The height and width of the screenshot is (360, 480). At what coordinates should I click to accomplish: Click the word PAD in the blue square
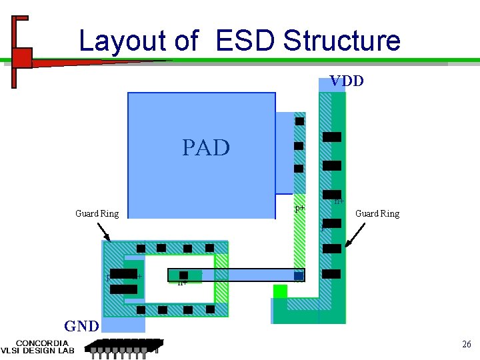(205, 147)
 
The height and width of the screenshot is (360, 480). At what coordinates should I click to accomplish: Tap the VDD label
(347, 81)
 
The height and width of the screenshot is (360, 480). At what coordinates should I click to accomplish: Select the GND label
(81, 327)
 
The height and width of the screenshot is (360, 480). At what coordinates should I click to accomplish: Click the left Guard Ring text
(97, 214)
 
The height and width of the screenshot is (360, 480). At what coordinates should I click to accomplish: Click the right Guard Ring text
(377, 214)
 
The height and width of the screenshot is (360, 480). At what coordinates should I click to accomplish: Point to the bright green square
(280, 291)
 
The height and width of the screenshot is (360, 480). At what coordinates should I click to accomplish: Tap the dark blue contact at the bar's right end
(299, 275)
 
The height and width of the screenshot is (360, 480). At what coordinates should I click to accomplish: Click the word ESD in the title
(244, 41)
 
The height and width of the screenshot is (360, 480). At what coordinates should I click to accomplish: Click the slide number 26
(466, 344)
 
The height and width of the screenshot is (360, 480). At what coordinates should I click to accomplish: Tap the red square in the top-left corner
(22, 58)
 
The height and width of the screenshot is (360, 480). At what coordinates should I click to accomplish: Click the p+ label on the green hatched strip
(300, 208)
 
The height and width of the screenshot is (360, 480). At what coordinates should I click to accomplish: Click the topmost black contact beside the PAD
(299, 121)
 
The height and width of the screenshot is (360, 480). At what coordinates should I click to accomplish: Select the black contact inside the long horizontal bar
(183, 275)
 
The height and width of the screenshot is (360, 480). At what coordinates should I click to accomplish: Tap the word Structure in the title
(341, 41)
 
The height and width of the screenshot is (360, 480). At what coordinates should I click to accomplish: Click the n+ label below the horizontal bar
(183, 283)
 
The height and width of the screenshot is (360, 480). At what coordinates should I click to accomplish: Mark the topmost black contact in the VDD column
(331, 137)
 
